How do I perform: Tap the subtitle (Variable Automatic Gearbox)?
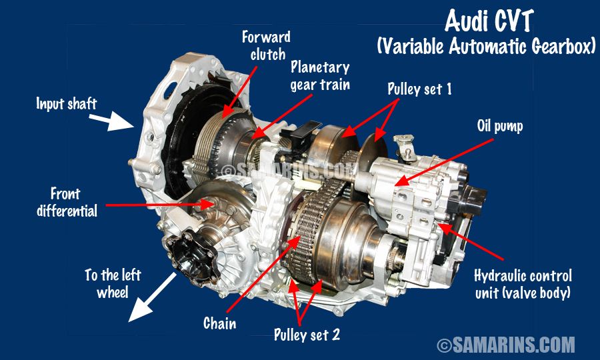tap(485, 47)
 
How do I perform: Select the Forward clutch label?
tap(267, 45)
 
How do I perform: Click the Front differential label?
tap(73, 202)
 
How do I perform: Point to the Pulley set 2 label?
tap(307, 334)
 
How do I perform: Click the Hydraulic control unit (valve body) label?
tap(523, 284)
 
